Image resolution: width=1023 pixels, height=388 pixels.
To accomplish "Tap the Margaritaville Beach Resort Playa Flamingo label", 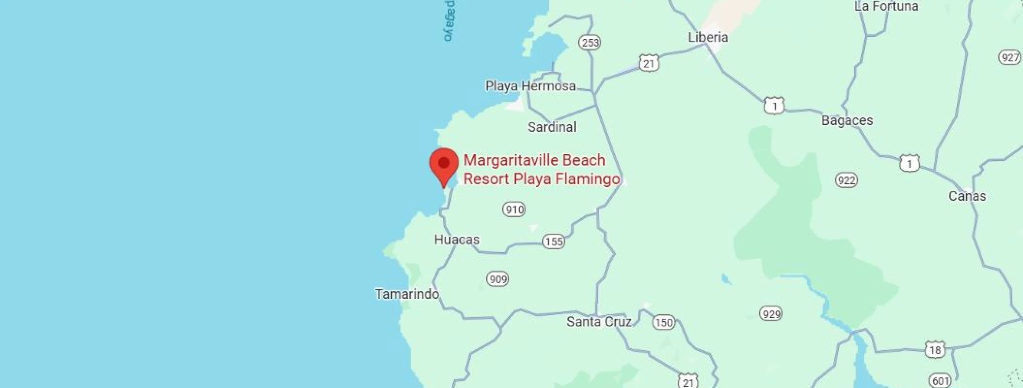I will (541, 169).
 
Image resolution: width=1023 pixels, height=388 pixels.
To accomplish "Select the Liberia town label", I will (708, 37).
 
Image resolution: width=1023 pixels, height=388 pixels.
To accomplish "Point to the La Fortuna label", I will (886, 6).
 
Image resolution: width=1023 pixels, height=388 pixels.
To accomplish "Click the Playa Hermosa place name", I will (530, 86).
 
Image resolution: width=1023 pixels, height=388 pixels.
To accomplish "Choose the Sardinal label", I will (552, 127).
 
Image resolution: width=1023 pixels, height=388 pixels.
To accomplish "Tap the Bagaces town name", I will (847, 120).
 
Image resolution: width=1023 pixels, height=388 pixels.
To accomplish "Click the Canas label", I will (967, 196).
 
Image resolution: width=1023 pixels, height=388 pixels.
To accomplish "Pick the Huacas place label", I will (457, 239).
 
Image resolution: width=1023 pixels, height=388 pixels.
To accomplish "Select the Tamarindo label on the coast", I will (407, 294).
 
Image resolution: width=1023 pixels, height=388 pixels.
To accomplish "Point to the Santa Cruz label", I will (599, 322).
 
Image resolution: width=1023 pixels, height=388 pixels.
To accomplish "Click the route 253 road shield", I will (590, 43).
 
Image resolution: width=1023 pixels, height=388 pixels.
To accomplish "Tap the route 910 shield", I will (514, 210).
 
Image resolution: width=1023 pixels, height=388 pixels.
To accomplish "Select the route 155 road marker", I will (553, 242).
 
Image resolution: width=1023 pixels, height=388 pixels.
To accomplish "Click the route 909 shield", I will (498, 279).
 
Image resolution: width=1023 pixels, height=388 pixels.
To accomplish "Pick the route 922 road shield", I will (846, 180).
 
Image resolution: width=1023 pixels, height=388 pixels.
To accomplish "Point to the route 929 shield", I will (771, 314).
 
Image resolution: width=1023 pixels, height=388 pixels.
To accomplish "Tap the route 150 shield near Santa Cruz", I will (663, 323).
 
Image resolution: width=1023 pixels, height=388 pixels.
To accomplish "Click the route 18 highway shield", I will (935, 350).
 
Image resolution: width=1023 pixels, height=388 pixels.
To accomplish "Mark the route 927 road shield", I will (1010, 58).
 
